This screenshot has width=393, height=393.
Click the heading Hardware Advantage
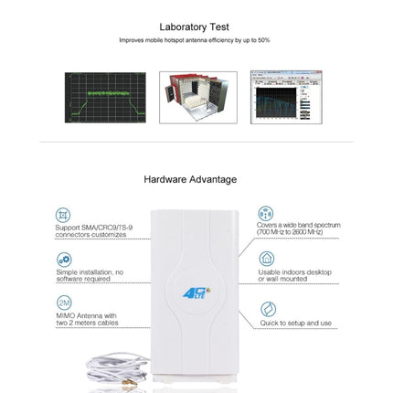190,179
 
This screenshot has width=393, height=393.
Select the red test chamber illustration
197,97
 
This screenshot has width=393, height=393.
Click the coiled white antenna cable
114,369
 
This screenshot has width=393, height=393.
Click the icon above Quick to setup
265,306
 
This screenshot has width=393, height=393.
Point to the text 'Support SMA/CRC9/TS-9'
93,227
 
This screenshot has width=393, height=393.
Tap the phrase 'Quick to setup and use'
295,322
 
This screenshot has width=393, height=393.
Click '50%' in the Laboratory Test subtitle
264,40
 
